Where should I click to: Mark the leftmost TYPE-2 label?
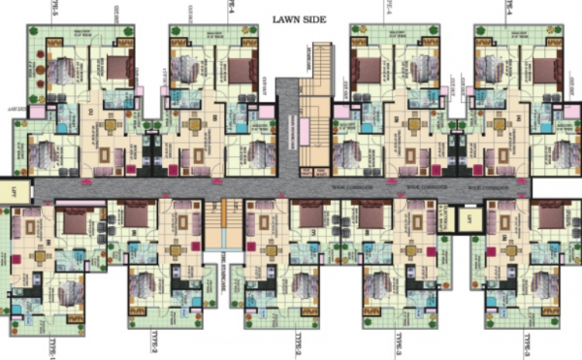pos(155,343)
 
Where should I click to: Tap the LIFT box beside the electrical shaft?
pos(469,219)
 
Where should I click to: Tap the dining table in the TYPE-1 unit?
pos(43,255)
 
